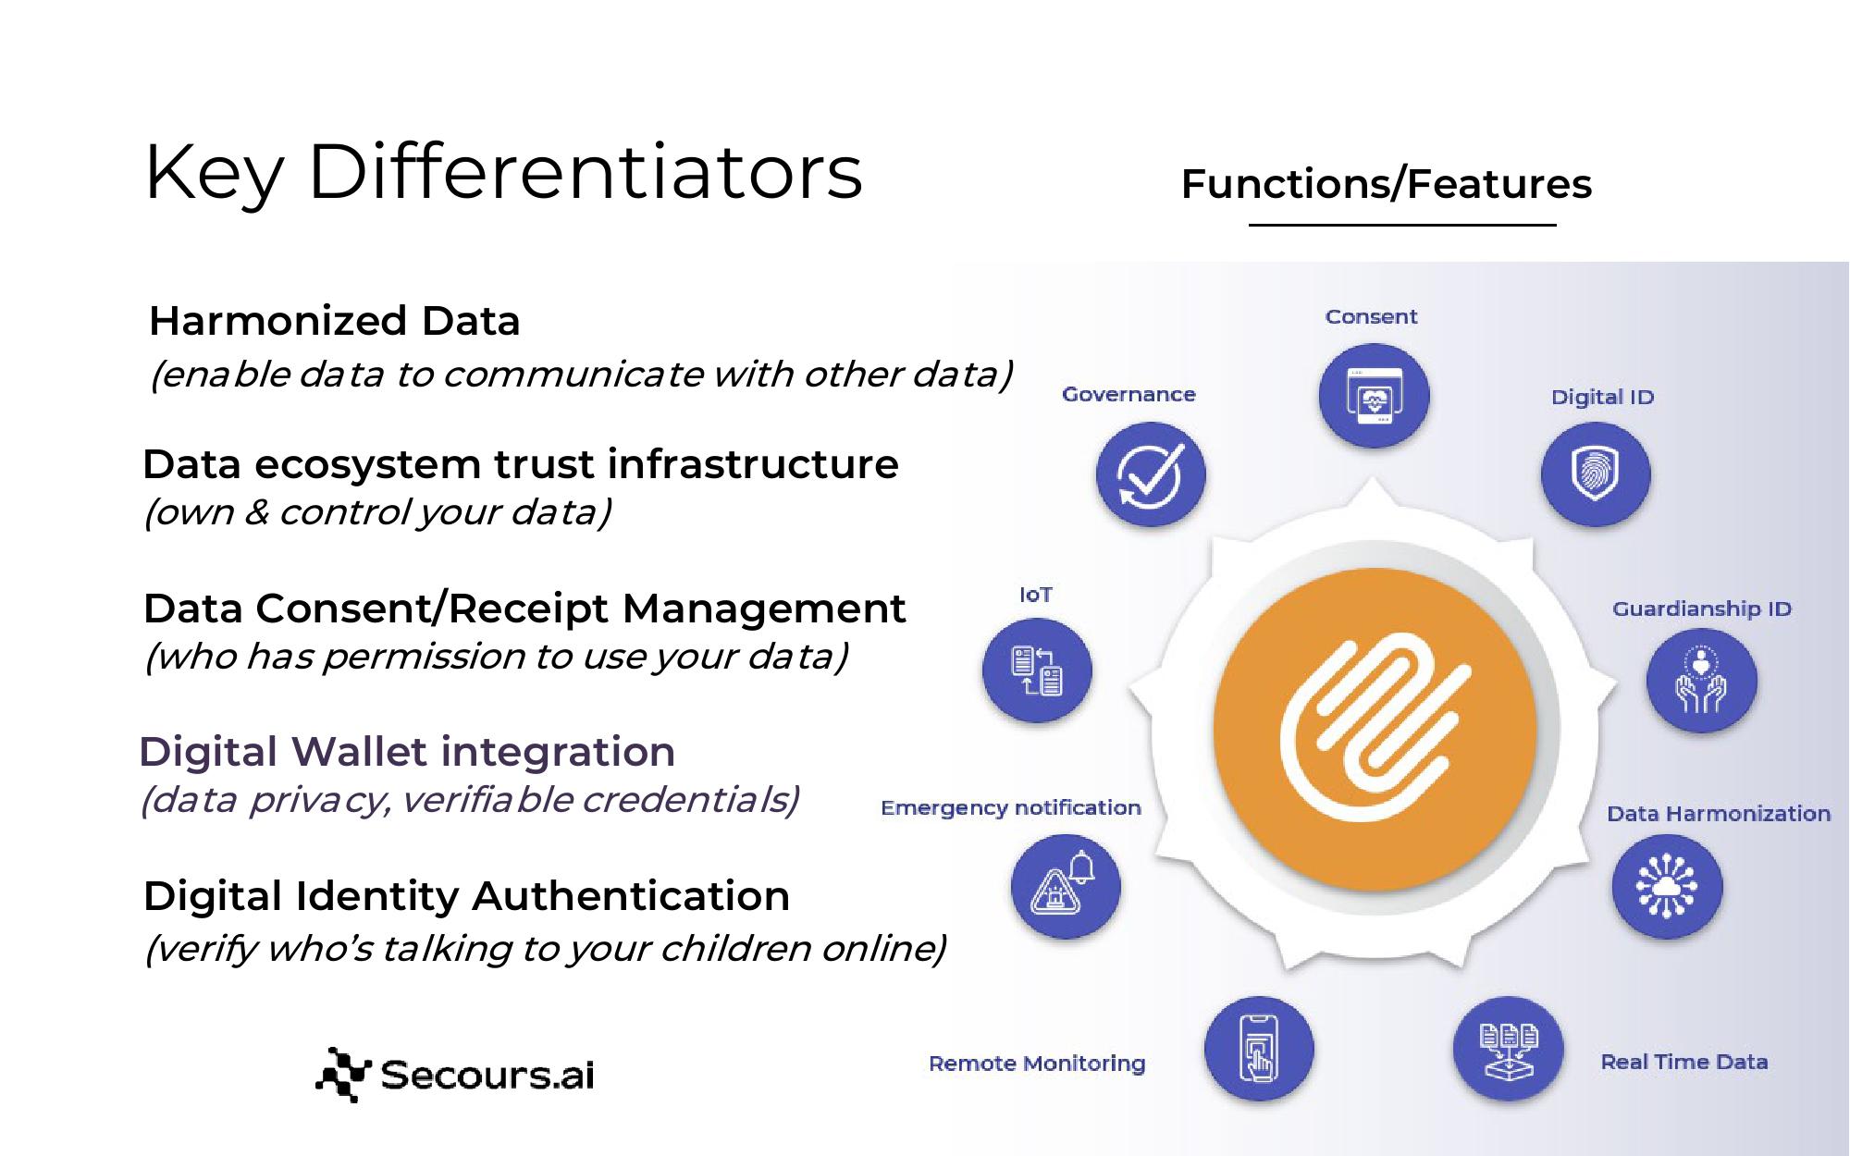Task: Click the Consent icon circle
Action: tap(1374, 396)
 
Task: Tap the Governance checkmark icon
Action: tap(1151, 475)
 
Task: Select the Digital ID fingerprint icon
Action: tap(1596, 475)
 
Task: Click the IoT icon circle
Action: tap(1037, 670)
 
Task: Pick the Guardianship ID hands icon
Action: tap(1701, 682)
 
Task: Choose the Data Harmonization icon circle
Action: tap(1667, 887)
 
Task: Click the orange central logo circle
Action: tap(1375, 729)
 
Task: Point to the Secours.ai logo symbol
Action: tap(343, 1075)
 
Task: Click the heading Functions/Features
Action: tap(1387, 184)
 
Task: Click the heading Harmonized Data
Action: tap(335, 321)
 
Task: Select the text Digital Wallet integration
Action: tap(407, 752)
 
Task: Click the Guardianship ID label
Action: tap(1702, 609)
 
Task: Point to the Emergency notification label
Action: tap(1011, 808)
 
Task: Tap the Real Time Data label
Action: tap(1684, 1062)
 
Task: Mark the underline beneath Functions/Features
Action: tap(1402, 225)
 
